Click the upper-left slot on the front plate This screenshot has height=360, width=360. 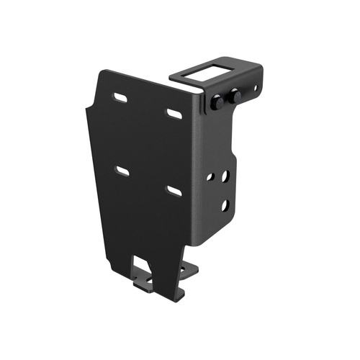121,97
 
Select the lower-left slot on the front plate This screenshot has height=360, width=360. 122,171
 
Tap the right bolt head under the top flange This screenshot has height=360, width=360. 235,96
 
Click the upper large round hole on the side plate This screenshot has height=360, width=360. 225,175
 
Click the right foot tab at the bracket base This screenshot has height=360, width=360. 188,270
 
